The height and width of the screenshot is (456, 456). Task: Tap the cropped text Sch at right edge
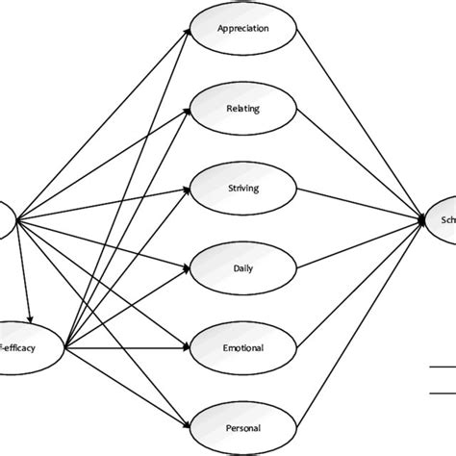(443, 219)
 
